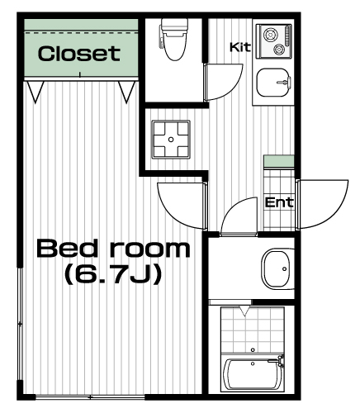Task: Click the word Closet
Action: pos(79,54)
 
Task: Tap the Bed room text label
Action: pos(113,249)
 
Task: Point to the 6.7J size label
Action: pos(112,274)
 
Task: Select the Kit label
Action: pos(240,47)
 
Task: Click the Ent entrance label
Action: pos(278,202)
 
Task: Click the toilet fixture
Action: pos(174,39)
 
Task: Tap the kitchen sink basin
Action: pos(273,83)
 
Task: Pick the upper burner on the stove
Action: pos(270,35)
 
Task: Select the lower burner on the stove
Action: pos(279,50)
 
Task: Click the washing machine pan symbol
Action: pos(171,140)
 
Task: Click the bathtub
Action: pos(252,374)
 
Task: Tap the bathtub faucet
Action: pos(280,360)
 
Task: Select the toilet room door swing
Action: pos(233,86)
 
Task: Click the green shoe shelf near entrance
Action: pos(279,161)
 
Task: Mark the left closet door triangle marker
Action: pos(36,92)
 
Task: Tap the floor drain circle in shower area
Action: pos(253,349)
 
